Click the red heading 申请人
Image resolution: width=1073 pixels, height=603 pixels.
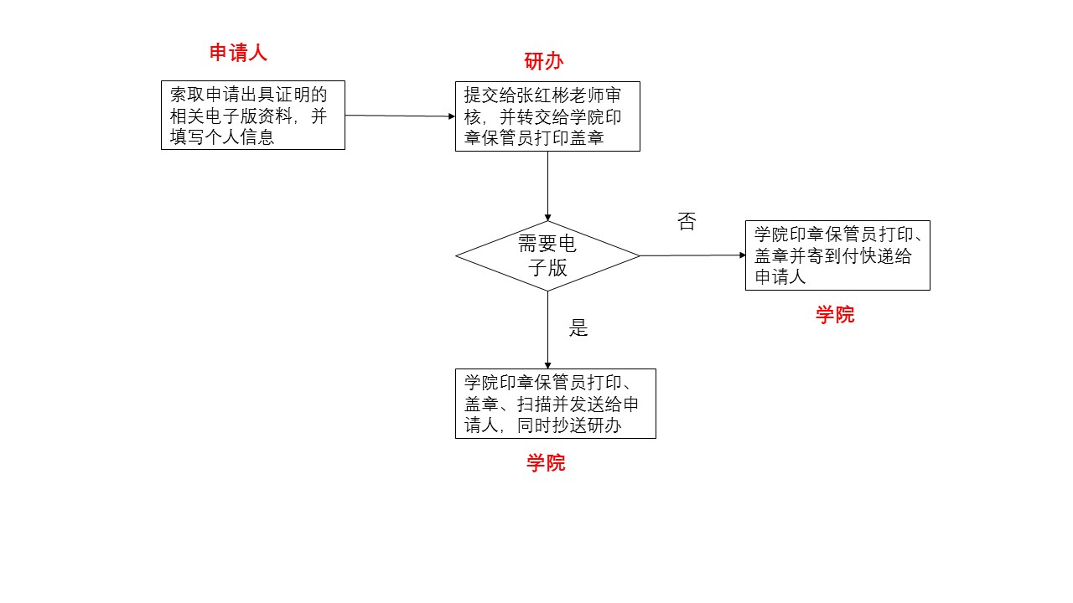[238, 54]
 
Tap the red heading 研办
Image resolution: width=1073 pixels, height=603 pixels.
[543, 61]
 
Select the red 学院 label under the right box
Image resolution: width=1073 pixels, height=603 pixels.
[835, 316]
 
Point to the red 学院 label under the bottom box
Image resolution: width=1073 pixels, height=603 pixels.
[546, 463]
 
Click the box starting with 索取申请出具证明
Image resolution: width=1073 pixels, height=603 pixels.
[252, 116]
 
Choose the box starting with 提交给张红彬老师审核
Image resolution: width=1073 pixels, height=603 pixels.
[547, 116]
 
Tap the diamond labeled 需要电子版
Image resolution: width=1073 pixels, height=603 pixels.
[547, 255]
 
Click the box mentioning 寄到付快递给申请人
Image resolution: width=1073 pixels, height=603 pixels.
[837, 255]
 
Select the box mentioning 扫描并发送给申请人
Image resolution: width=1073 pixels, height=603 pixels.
[555, 404]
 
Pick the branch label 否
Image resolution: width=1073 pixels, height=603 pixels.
[687, 222]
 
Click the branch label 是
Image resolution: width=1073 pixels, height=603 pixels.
[578, 328]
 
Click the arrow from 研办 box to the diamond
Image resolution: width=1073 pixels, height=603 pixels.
[547, 186]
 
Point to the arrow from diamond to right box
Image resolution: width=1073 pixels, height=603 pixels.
[692, 255]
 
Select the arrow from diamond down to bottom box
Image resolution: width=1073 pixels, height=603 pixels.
[547, 330]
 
